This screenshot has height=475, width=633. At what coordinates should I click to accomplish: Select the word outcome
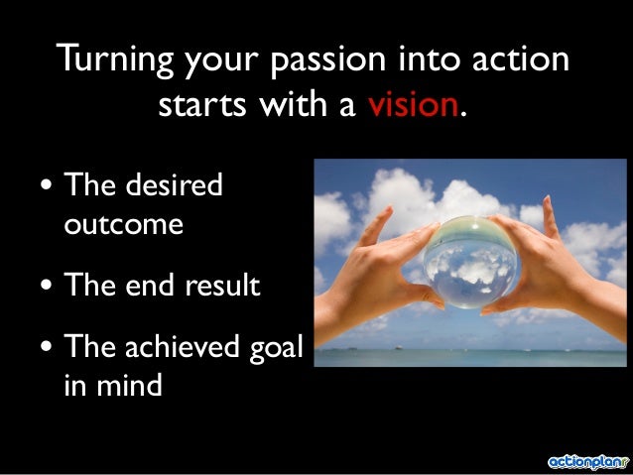[123, 224]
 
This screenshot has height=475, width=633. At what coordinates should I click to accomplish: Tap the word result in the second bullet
[220, 287]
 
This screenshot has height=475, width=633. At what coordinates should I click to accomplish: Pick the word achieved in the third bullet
[186, 348]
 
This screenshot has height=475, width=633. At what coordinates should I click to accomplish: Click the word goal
[278, 349]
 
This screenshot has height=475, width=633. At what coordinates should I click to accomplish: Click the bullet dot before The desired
[47, 188]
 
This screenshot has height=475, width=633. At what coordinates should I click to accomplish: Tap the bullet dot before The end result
[47, 289]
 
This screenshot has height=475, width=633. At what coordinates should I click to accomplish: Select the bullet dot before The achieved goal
[47, 350]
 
